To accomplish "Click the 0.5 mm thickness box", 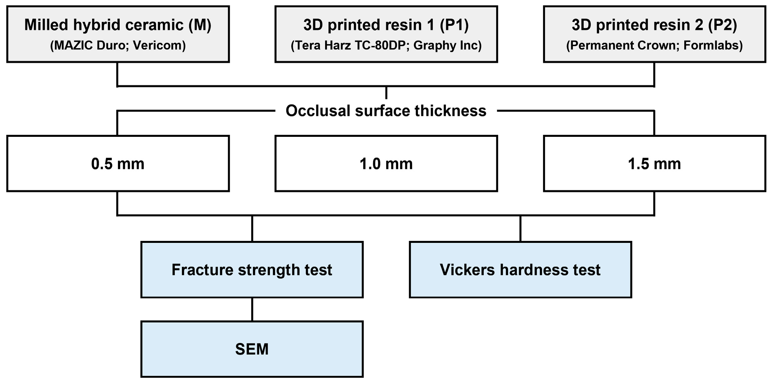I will (x=118, y=163).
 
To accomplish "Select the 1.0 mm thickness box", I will (x=386, y=163).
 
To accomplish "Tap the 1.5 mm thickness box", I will (x=654, y=163).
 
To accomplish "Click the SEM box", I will (x=252, y=349).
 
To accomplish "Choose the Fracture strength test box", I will (x=252, y=270).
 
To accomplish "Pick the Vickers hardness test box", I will (x=520, y=270).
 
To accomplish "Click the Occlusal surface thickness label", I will (x=386, y=111).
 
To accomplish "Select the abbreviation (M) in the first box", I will (x=200, y=25).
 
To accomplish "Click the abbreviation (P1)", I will (x=454, y=25).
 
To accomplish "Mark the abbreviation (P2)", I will (x=723, y=25).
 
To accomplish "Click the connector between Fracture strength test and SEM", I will (x=252, y=309).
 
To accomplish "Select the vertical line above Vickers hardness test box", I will (x=520, y=229).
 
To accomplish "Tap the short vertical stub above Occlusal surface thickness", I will (x=386, y=93).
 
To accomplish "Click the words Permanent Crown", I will (x=624, y=45).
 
